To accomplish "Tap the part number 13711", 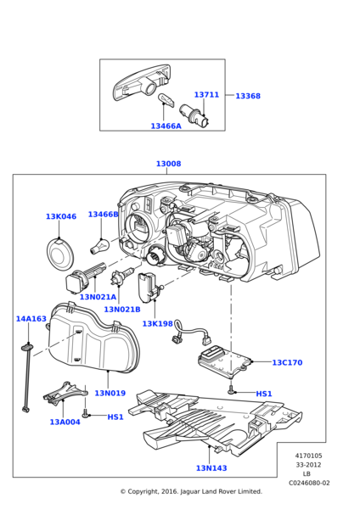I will click(x=206, y=95).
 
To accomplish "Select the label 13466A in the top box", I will click(x=166, y=126).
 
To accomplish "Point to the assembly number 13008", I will click(x=168, y=164).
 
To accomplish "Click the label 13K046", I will click(x=61, y=216).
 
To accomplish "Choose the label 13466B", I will click(x=104, y=215).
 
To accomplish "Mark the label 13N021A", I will click(x=98, y=297).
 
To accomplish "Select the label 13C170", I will click(x=287, y=362).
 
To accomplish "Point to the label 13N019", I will click(x=110, y=393).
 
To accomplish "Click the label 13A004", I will click(x=65, y=422).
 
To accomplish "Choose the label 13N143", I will click(x=212, y=467).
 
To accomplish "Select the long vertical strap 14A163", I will click(x=27, y=378).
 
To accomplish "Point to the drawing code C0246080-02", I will click(x=309, y=483).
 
